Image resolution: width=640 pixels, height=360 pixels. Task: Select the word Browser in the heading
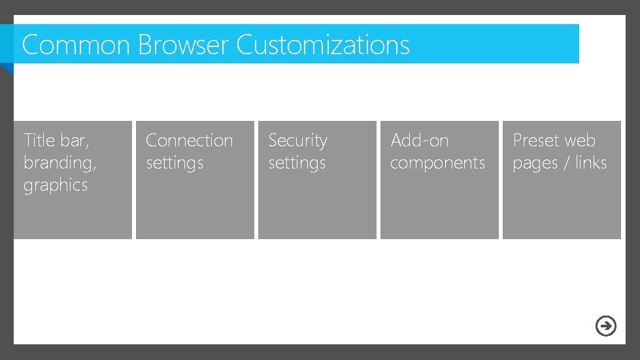coord(183,45)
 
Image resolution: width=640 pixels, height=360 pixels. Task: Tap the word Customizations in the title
coord(323,45)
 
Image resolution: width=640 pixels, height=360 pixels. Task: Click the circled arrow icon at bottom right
coord(606,325)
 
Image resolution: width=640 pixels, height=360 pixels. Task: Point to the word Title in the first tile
coord(38,140)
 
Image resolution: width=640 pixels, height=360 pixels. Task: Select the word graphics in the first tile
coord(56,186)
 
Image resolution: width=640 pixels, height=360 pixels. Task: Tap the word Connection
coord(189,140)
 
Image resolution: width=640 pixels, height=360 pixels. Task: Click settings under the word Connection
coord(175,163)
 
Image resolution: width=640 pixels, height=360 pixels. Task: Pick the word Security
coord(297,140)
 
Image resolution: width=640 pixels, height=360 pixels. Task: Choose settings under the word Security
coord(297,163)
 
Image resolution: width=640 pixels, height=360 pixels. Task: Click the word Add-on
coord(419,140)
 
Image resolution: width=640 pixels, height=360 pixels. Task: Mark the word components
coord(437,163)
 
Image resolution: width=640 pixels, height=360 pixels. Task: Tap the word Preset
coord(535,140)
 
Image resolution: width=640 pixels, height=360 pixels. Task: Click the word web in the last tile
coord(580,140)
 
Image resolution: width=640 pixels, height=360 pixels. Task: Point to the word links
coord(591,163)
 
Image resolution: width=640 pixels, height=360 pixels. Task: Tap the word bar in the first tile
coord(75,140)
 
